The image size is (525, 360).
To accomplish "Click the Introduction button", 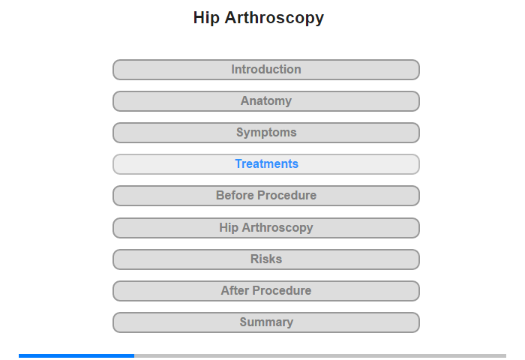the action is point(266,70).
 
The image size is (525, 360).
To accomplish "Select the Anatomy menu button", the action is point(266,101).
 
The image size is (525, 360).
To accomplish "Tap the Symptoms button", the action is point(266,133).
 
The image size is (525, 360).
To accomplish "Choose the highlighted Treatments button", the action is point(266,164).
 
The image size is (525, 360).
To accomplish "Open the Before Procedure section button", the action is point(266,196).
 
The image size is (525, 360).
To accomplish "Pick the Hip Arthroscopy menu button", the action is point(266,228).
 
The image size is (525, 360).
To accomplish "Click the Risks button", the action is point(266,259).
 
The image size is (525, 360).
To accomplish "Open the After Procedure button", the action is point(266,291).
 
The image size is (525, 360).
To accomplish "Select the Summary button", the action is point(266,322).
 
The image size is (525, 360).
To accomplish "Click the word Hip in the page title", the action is point(206,18).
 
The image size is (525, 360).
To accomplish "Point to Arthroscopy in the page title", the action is point(274,18).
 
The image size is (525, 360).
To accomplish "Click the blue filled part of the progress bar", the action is point(76,355).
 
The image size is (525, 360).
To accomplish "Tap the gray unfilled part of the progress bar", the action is point(320,355).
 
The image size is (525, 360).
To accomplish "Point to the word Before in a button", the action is point(235,195).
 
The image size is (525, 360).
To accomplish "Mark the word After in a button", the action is point(235,290).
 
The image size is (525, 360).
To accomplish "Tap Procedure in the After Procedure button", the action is point(282,290).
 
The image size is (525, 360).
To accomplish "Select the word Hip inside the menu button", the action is point(229,228).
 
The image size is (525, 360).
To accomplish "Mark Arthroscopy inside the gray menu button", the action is point(277,228).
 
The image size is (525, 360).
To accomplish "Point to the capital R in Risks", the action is point(254,259).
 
